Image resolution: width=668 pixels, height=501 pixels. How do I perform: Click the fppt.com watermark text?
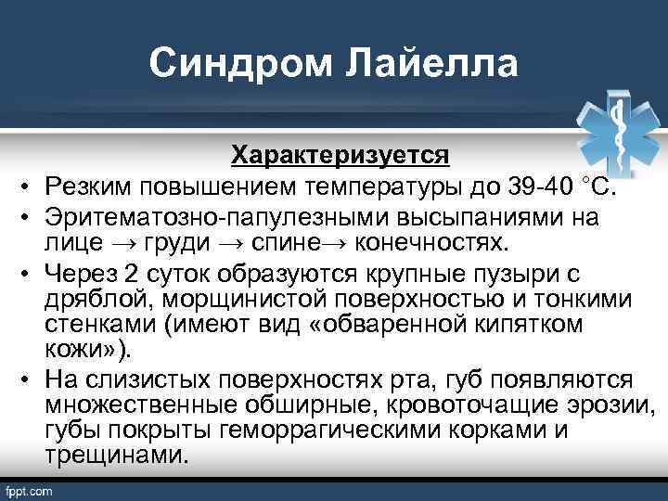[x=30, y=491]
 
